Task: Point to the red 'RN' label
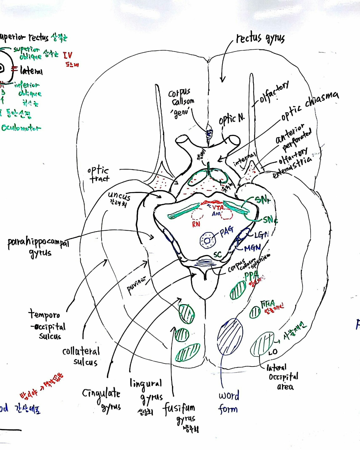pyautogui.click(x=196, y=224)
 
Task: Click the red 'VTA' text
pyautogui.click(x=218, y=207)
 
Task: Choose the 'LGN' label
pyautogui.click(x=262, y=235)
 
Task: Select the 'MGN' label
pyautogui.click(x=252, y=248)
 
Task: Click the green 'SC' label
pyautogui.click(x=217, y=255)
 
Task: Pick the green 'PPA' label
pyautogui.click(x=251, y=276)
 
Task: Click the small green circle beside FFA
pyautogui.click(x=255, y=312)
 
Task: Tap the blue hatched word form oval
pyautogui.click(x=230, y=336)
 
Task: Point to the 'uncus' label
pyautogui.click(x=119, y=196)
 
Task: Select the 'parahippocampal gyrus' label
pyautogui.click(x=38, y=247)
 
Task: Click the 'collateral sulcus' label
pyautogui.click(x=81, y=356)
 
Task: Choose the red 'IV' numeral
pyautogui.click(x=67, y=56)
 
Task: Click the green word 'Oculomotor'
pyautogui.click(x=21, y=128)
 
